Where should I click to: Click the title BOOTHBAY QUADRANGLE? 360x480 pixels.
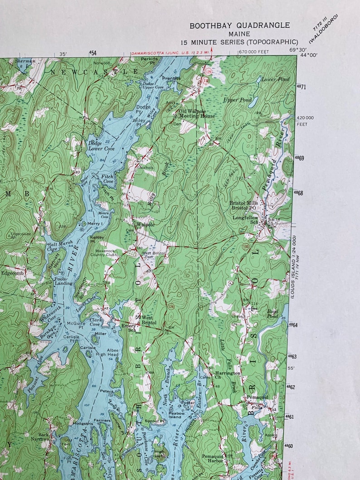(239, 26)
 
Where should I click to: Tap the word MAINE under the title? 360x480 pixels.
(239, 34)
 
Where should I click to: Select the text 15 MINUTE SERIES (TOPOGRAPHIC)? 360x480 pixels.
(239, 42)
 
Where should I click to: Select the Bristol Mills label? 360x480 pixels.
(243, 203)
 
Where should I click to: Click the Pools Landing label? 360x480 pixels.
(63, 281)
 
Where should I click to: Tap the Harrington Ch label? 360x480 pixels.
(228, 376)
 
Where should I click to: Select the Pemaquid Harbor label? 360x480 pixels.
(213, 458)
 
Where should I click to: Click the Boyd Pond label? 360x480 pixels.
(272, 313)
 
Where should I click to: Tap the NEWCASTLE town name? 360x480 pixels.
(94, 72)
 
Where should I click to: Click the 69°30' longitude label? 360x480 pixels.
(298, 50)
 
